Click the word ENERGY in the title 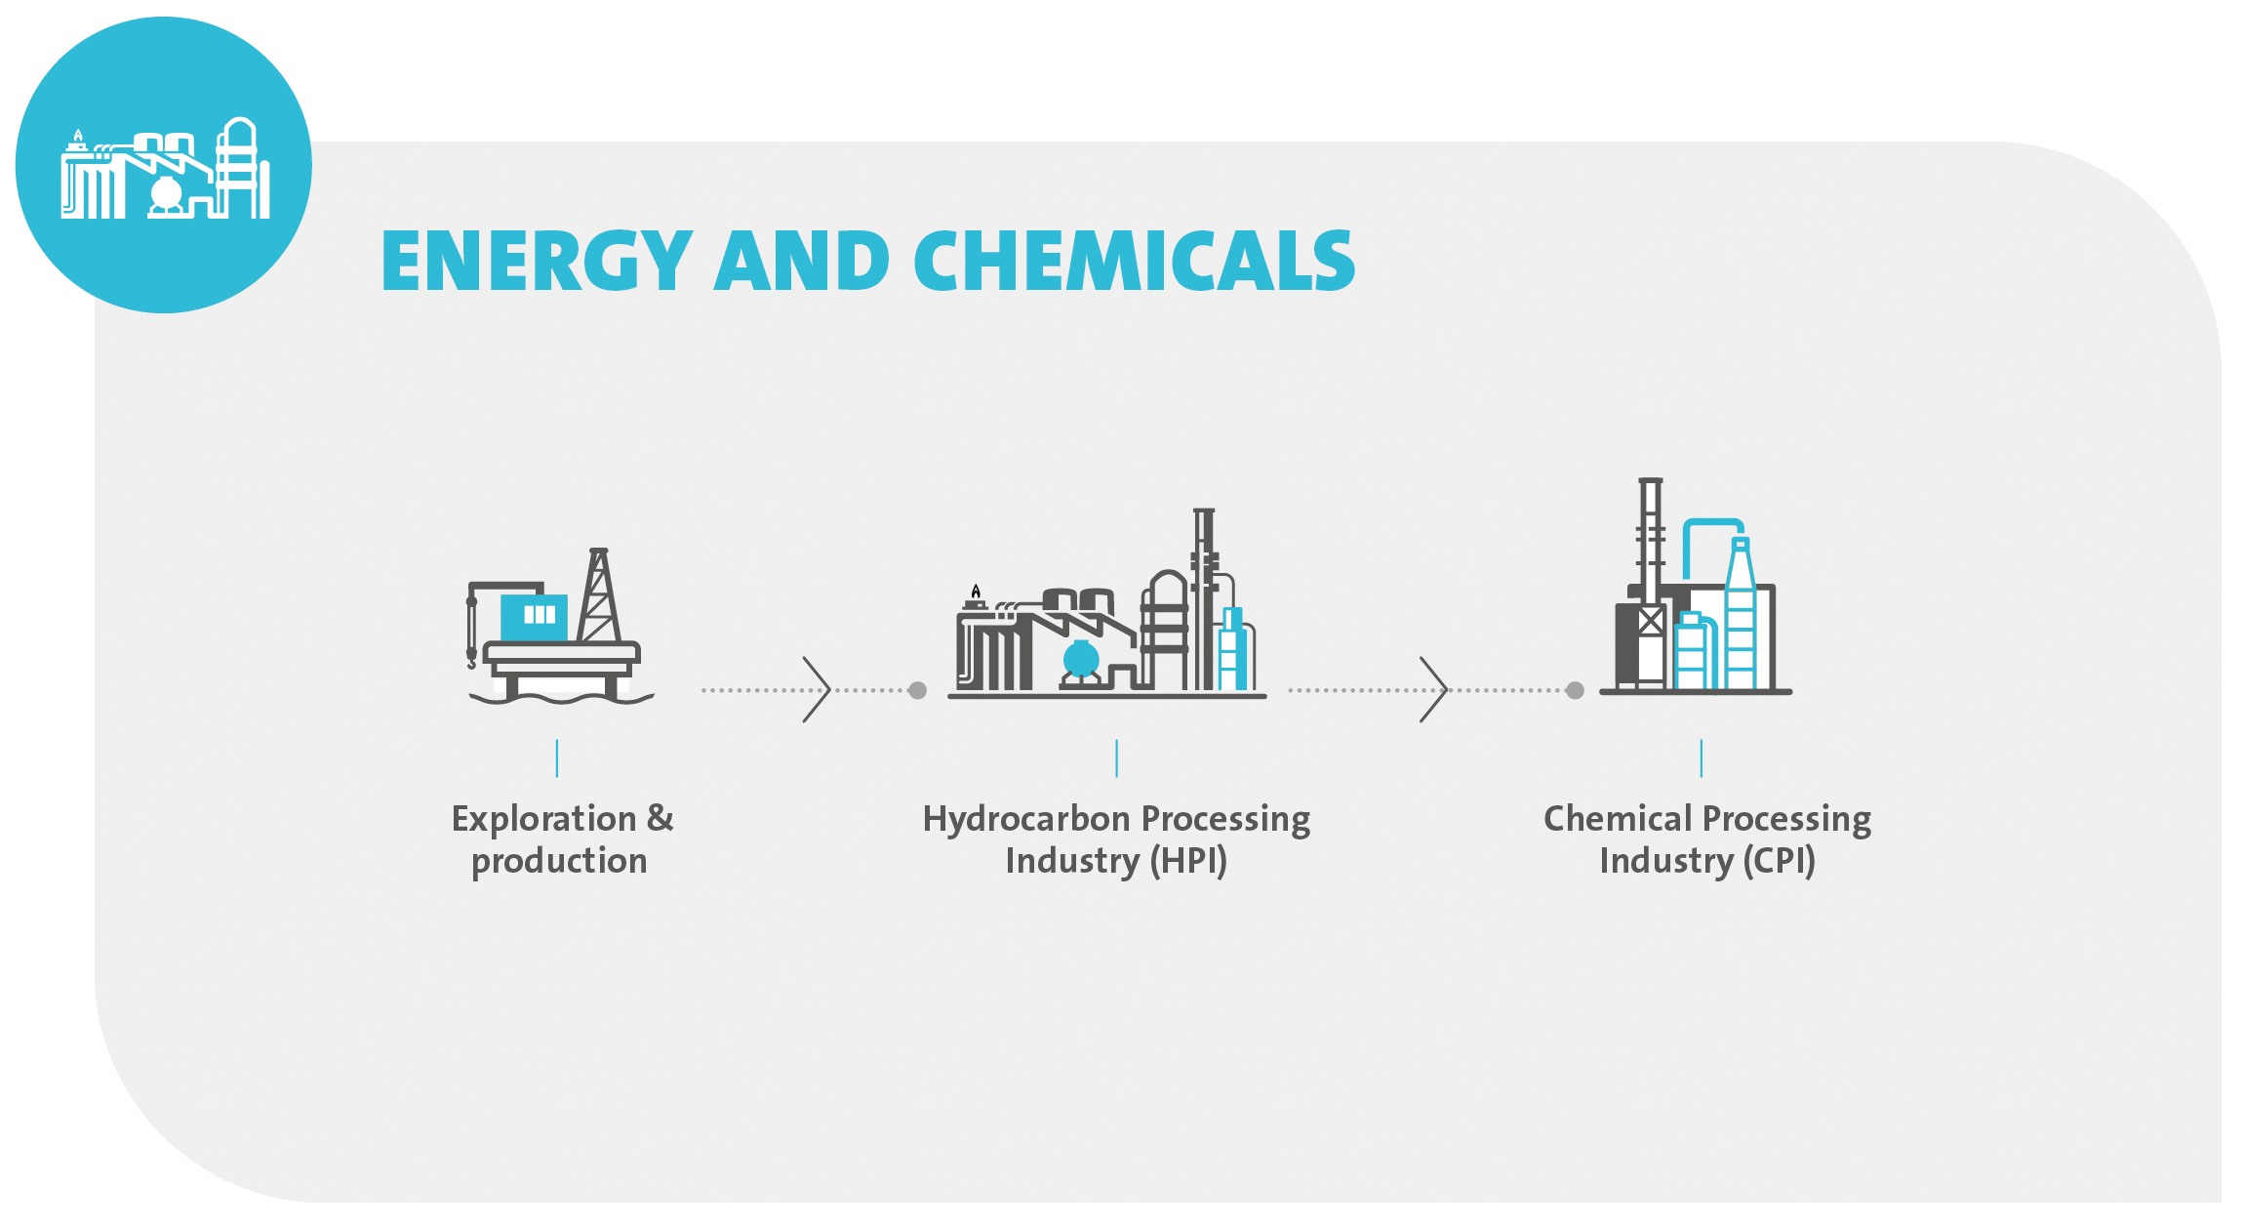[x=538, y=261]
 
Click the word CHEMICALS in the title [x=1135, y=261]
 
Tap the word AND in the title [x=803, y=261]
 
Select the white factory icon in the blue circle [x=165, y=168]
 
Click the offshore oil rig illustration [x=560, y=626]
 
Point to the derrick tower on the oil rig [x=599, y=594]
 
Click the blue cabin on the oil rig [x=534, y=617]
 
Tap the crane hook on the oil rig [x=472, y=663]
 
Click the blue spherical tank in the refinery [x=1081, y=659]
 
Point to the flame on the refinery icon [x=976, y=591]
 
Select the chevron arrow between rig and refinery [x=817, y=689]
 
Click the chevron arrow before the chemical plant [x=1433, y=689]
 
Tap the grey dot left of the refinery [x=917, y=690]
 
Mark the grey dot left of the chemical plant [x=1575, y=690]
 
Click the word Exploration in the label [x=544, y=819]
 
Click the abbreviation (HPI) [x=1188, y=861]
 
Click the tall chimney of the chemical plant [x=1650, y=542]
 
